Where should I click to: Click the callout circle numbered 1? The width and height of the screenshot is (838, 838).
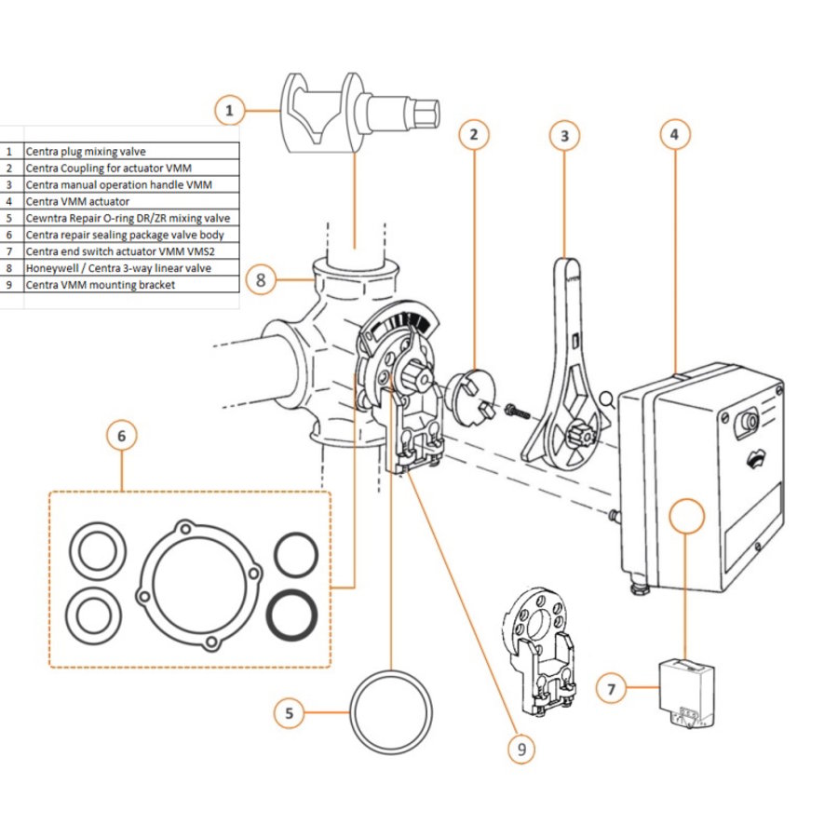[x=230, y=112]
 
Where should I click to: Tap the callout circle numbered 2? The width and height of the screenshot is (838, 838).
[x=474, y=135]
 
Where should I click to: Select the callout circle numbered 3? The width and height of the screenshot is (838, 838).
[x=564, y=136]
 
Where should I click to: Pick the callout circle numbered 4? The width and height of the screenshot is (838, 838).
[x=675, y=134]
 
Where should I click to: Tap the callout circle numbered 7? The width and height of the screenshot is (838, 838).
[x=611, y=690]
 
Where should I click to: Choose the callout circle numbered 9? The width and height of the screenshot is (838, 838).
[x=523, y=749]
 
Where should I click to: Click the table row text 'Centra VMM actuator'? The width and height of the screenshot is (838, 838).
[x=77, y=201]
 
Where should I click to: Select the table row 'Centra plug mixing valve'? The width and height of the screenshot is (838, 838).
[x=86, y=151]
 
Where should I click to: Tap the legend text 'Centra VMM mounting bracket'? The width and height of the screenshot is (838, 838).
[x=100, y=285]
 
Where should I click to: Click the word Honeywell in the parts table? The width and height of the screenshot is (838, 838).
[x=52, y=268]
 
